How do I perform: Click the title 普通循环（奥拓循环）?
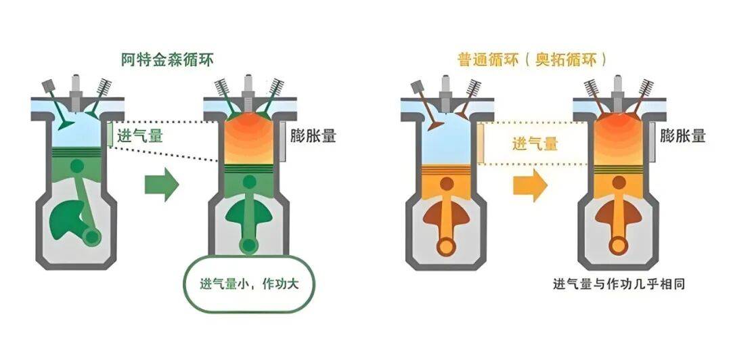(x=531, y=59)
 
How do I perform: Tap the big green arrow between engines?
(x=161, y=183)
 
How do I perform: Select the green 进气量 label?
(x=140, y=135)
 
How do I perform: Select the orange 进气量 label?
(x=535, y=143)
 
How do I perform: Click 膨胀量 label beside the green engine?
(x=312, y=135)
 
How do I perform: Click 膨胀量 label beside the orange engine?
(x=682, y=135)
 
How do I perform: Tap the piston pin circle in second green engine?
(x=250, y=181)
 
